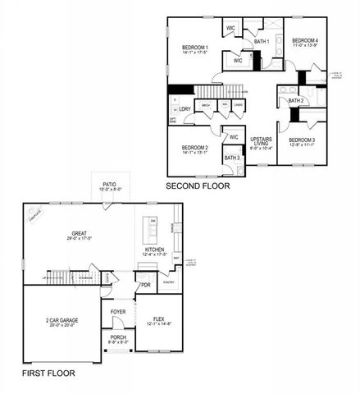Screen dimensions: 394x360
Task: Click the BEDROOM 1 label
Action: pos(196,48)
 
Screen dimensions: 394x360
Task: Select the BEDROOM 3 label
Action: pos(301,140)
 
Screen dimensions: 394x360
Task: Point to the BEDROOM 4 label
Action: pos(305,40)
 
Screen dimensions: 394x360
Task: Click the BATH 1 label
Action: pos(262,40)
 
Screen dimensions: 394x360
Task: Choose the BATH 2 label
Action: pos(296,100)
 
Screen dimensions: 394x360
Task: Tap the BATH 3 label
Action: pos(232,157)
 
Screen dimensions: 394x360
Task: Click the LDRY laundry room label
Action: pos(185,108)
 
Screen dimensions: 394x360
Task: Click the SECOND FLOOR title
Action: pos(198,186)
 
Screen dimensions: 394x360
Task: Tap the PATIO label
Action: pos(109,186)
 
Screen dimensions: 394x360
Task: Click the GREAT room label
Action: pos(79,234)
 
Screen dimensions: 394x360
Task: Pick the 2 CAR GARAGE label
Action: pos(49,321)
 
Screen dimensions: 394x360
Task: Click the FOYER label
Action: pos(118,312)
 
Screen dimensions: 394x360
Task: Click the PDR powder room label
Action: pos(145,286)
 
